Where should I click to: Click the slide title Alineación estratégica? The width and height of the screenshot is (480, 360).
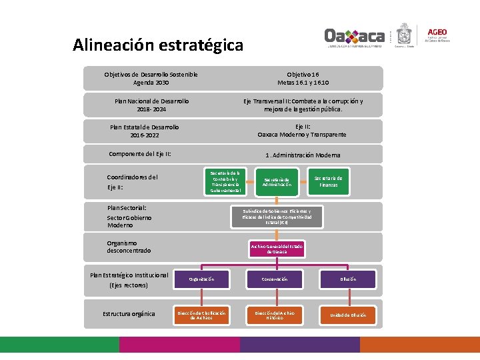[x=158, y=45]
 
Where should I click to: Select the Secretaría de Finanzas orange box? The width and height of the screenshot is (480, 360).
[x=328, y=181]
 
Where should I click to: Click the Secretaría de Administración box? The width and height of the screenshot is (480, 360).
[x=277, y=182]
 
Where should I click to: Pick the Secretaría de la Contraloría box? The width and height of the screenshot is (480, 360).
[x=225, y=181]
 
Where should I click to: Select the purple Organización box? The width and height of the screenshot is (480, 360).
[x=201, y=279]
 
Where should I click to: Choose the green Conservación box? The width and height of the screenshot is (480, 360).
[x=275, y=279]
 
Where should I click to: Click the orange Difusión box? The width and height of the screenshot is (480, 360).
[x=348, y=279]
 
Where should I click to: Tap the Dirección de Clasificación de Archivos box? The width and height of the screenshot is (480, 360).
[x=201, y=315]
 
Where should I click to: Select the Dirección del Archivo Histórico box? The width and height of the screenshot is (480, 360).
[x=275, y=315]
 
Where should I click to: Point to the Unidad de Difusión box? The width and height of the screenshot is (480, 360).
[x=348, y=315]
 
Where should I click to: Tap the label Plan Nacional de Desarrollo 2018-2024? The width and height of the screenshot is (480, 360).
[x=151, y=105]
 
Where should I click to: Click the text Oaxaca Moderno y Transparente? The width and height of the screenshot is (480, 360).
[x=302, y=134]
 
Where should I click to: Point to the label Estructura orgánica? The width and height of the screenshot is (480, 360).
[x=129, y=314]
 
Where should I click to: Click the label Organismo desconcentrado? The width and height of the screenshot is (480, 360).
[x=129, y=247]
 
